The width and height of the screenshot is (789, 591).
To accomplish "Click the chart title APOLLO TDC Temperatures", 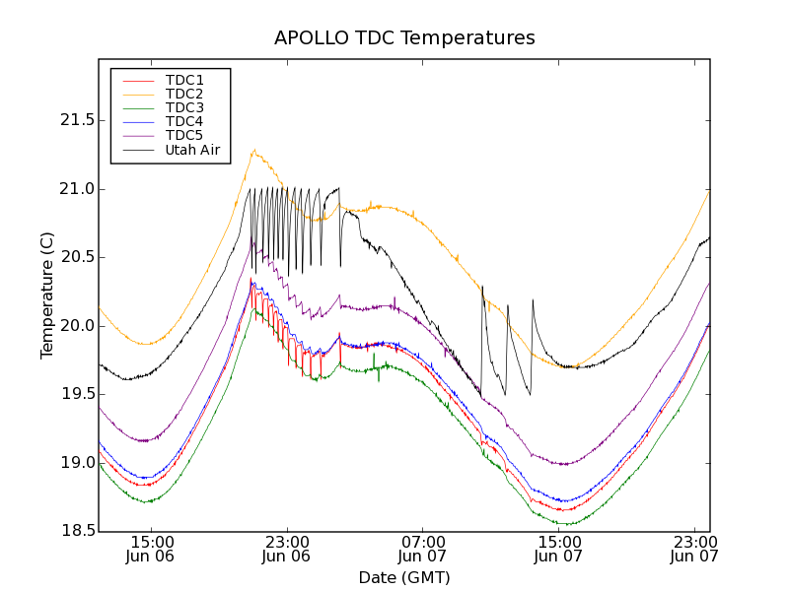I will point(404,38).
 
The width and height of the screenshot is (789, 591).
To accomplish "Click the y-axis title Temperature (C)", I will point(47,295).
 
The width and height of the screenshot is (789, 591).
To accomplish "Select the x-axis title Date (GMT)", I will point(404,577).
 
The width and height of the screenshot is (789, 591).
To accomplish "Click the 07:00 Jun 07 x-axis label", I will point(422,549).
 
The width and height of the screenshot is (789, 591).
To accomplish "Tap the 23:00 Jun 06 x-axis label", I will point(286,549).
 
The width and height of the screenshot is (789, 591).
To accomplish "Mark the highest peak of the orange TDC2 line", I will point(254,150).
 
